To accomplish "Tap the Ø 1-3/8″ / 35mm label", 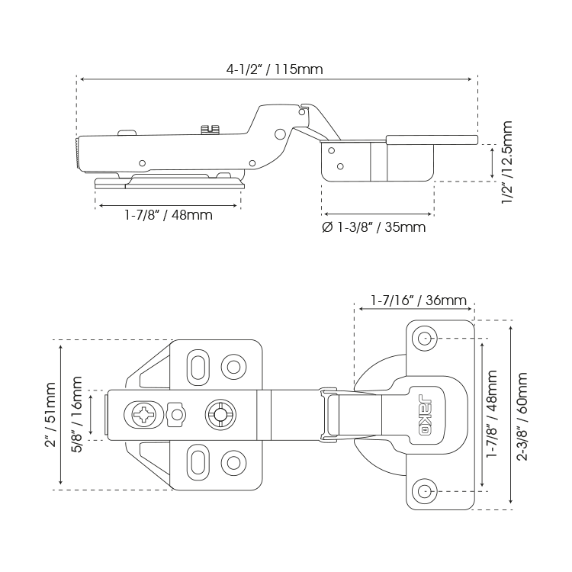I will pos(374,227).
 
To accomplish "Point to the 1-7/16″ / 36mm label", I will pos(419,300).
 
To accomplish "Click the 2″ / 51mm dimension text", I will pos(51,416).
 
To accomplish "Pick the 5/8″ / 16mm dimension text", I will pos(78,416).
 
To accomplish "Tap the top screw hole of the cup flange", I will pos(424,338).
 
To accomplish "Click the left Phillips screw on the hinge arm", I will pos(144,416).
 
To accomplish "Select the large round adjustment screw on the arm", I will pos(220,416).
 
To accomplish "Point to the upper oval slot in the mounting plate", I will pos(198,364).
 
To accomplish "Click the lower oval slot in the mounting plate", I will pos(198,464).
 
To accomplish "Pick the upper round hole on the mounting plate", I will pos(231,364).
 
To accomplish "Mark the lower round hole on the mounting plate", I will pos(231,464).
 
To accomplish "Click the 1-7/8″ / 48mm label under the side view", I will pos(169,215).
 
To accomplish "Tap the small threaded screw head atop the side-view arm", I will pos(210,130).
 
